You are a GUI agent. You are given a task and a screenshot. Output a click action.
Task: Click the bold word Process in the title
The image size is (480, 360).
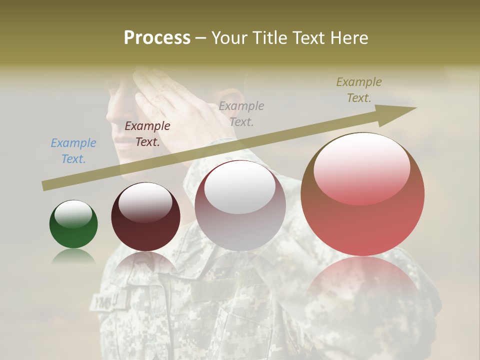157,38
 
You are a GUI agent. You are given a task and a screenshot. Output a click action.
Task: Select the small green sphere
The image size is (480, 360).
73,224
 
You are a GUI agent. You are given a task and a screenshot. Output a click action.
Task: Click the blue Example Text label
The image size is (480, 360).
73,151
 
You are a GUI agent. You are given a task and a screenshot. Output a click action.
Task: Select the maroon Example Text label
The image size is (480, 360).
147,134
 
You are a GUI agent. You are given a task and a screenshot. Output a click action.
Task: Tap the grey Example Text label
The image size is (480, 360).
241,113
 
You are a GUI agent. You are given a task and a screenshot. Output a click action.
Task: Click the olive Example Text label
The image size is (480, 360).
359,90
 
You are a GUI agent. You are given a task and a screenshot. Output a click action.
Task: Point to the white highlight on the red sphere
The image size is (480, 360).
362,167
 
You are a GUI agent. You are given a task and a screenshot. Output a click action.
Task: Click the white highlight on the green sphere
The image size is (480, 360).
73,214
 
